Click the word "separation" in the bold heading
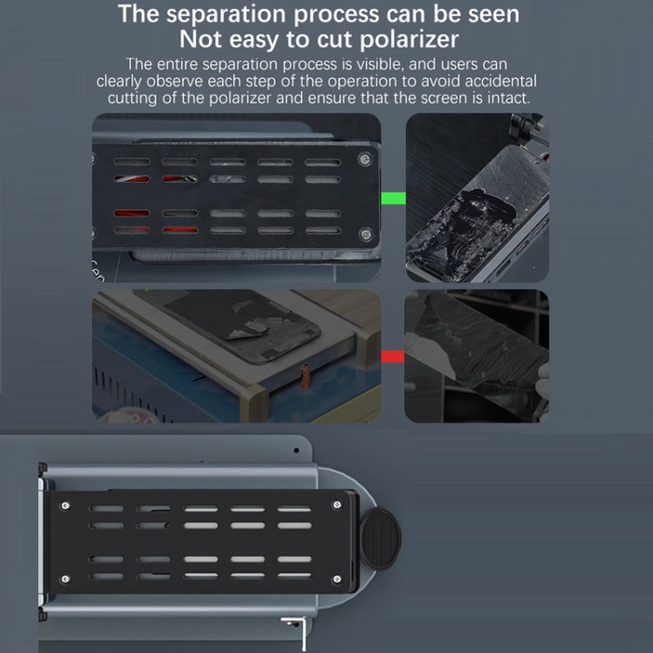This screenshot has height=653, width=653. (x=227, y=15)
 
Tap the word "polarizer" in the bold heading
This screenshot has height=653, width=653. (x=409, y=40)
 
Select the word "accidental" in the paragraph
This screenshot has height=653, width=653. (x=501, y=81)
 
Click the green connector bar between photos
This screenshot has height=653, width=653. (x=394, y=199)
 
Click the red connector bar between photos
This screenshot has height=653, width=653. (x=393, y=356)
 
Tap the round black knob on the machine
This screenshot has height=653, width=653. (x=380, y=538)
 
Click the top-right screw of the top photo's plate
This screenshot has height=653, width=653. (x=365, y=159)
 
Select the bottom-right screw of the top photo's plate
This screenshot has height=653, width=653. (x=366, y=234)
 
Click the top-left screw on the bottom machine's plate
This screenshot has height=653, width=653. (x=65, y=506)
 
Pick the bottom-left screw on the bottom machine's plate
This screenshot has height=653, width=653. (x=65, y=579)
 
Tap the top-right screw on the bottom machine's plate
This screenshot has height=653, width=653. (x=337, y=505)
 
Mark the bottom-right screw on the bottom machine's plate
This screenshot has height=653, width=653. (x=337, y=579)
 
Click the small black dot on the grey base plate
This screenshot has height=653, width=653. (x=296, y=450)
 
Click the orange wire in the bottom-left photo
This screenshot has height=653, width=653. (x=306, y=376)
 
